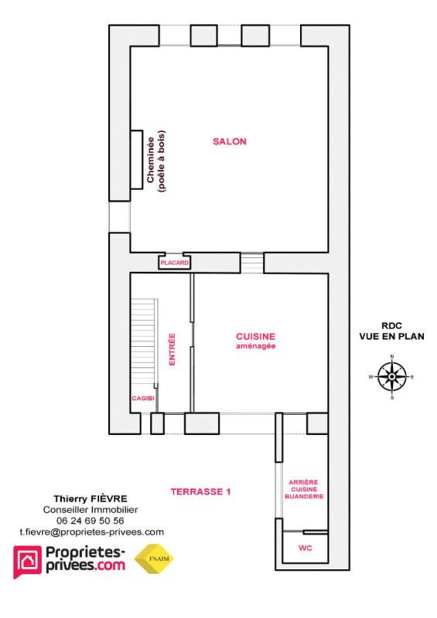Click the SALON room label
pyautogui.click(x=230, y=141)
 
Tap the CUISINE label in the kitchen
pyautogui.click(x=255, y=337)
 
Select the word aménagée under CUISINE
pyautogui.click(x=256, y=347)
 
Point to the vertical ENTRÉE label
pyautogui.click(x=172, y=349)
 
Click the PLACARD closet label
pyautogui.click(x=174, y=263)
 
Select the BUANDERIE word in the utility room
pyautogui.click(x=302, y=497)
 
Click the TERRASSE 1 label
pyautogui.click(x=200, y=491)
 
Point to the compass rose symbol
pyautogui.click(x=392, y=377)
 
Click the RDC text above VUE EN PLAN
pyautogui.click(x=392, y=325)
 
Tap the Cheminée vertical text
pyautogui.click(x=150, y=160)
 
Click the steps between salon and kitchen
pyautogui.click(x=251, y=263)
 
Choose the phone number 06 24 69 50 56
pyautogui.click(x=90, y=521)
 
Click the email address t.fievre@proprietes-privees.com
pyautogui.click(x=90, y=531)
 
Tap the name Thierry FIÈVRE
pyautogui.click(x=90, y=499)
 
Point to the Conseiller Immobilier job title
pyautogui.click(x=90, y=510)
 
